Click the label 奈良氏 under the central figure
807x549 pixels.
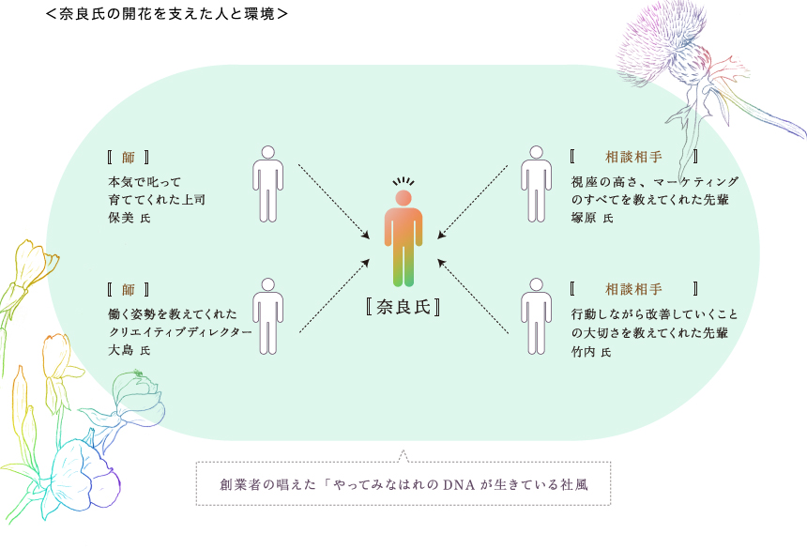click(x=403, y=308)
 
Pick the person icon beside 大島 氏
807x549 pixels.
click(x=267, y=315)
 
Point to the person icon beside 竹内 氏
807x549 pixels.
click(x=536, y=315)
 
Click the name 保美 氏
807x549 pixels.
click(x=129, y=218)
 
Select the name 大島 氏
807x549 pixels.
click(x=129, y=350)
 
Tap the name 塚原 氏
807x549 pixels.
click(x=591, y=218)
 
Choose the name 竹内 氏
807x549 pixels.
click(x=591, y=352)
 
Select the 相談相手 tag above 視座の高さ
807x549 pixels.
click(x=633, y=157)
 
